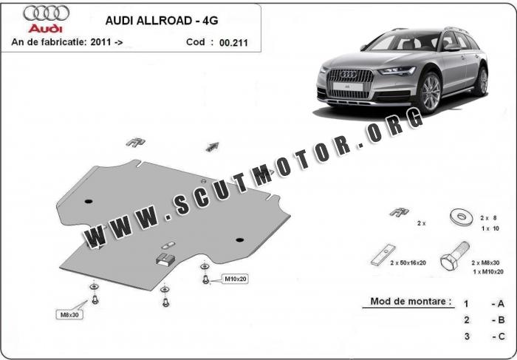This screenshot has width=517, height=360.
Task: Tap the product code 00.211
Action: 233,43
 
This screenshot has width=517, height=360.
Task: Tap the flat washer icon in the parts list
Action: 461,216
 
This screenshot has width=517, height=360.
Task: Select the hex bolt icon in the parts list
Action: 451,260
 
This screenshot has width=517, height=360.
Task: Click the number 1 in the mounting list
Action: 466,303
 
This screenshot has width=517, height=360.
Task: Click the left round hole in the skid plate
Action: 89,201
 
